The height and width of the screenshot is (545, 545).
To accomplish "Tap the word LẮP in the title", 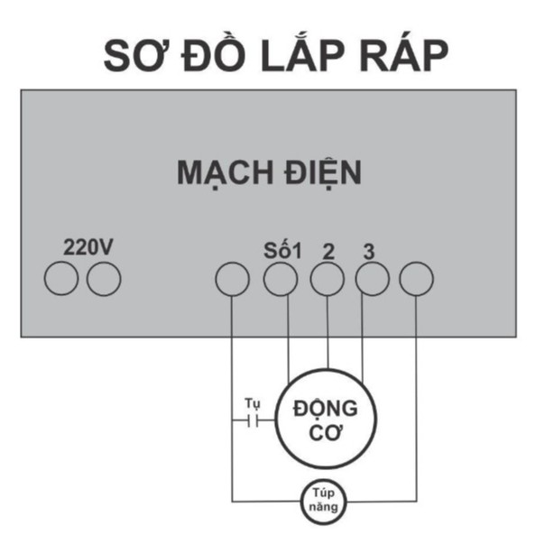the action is pos(314,56).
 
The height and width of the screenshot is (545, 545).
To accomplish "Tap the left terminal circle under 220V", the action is pos(61,279).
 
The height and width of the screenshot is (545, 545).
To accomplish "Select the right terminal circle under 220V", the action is pos(104,279).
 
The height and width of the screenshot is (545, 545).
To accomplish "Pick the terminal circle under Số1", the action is pos(281,281).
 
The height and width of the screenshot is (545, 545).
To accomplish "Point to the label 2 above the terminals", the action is pos(328,250).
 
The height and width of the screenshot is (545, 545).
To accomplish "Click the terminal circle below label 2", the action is pos(328,281).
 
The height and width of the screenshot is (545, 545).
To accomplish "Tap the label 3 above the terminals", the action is pos(368,250).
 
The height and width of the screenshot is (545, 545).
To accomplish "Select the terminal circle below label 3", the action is pos(373,281).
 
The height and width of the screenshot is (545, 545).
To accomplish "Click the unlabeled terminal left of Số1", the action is pos(232,280).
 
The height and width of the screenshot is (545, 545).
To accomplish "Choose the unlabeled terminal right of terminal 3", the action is pos(417,280).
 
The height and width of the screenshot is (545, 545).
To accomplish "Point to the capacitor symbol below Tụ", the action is pos(254,420).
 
